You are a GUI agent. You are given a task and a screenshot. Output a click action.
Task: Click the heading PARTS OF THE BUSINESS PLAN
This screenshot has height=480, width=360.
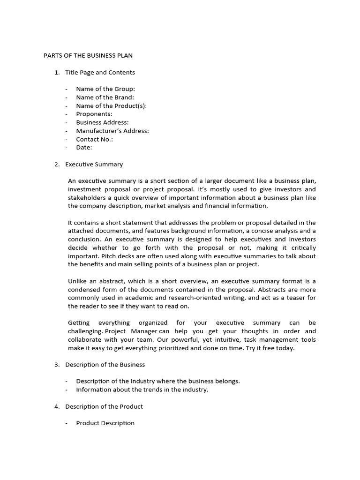[88, 55]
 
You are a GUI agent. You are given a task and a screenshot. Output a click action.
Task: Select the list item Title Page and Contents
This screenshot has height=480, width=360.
[100, 72]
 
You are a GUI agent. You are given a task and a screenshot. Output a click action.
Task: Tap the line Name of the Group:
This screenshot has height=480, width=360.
[105, 89]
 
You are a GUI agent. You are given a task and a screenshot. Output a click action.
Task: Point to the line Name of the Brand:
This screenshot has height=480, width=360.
[105, 97]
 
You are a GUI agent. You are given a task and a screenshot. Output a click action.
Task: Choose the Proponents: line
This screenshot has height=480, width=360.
[94, 114]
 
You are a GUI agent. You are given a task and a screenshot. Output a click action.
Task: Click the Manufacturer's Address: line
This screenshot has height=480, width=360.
[112, 131]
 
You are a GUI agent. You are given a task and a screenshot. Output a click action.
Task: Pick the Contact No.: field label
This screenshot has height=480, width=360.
[95, 139]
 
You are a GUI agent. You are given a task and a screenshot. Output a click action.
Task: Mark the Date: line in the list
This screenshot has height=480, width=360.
[84, 147]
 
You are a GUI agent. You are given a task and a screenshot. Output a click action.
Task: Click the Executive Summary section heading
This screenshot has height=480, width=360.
[94, 164]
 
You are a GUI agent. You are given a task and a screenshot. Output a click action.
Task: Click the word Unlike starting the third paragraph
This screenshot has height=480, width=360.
[78, 281]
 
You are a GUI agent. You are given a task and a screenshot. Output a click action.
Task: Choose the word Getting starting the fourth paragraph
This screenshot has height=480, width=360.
[79, 323]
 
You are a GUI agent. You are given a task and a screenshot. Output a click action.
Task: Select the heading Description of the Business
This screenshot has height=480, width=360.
[105, 365]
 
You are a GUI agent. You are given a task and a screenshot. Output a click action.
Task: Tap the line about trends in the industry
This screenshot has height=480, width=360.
[142, 390]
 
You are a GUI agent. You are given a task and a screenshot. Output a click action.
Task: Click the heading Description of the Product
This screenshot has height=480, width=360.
[104, 406]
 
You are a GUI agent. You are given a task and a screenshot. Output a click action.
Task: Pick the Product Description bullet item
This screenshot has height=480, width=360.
[105, 423]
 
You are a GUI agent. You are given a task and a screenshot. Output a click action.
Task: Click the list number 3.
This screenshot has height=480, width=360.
[57, 365]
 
